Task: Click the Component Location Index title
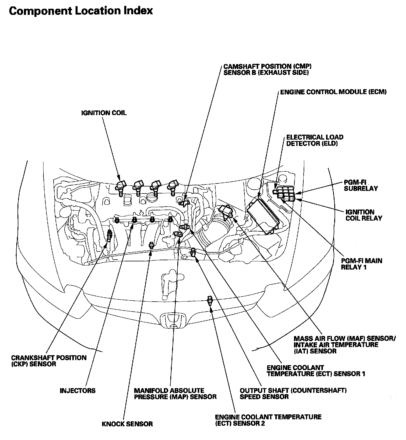(81, 11)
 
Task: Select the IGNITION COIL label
(104, 113)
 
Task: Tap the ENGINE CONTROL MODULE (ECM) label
(333, 92)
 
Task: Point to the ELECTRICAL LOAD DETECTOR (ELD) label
(314, 140)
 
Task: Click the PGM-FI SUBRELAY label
(360, 185)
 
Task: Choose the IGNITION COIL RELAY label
(364, 215)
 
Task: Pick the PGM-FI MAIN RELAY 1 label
(361, 264)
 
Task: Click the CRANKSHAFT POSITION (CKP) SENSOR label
(49, 361)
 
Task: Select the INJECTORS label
(78, 391)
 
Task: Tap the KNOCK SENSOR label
(127, 424)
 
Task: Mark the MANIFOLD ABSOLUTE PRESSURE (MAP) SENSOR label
(175, 394)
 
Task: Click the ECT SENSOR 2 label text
(268, 420)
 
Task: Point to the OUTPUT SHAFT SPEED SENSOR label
(293, 393)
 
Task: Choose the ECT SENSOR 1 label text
(316, 371)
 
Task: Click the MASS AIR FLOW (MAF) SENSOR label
(344, 345)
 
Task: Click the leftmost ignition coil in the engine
(121, 185)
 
